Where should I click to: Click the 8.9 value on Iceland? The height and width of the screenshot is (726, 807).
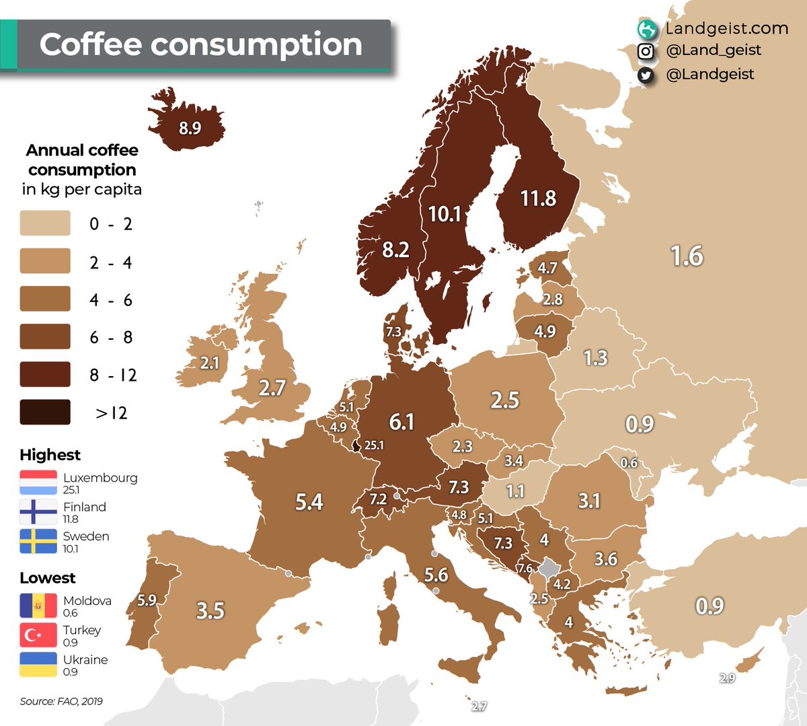(190, 128)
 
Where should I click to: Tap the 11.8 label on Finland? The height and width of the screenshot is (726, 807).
(538, 198)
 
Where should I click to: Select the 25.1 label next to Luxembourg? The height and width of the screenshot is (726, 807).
(374, 445)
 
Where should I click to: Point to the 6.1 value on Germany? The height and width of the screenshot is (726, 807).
(401, 422)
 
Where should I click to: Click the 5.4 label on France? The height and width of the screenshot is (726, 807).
(309, 502)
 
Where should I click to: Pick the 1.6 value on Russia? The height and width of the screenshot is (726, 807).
(687, 256)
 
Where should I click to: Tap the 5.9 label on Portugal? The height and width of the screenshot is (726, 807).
(147, 600)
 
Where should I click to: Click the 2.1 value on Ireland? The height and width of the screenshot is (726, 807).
(210, 363)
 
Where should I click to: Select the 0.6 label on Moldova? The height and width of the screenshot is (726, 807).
(629, 463)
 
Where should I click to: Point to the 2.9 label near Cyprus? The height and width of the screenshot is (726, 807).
(727, 678)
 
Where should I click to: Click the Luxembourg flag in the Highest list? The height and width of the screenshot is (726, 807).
(38, 482)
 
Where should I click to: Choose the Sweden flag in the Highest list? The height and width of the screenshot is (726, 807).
(38, 541)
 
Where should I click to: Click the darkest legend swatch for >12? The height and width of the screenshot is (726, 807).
(45, 412)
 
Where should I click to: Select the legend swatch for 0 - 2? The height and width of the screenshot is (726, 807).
(45, 223)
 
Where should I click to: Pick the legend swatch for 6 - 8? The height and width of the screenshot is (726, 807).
(45, 336)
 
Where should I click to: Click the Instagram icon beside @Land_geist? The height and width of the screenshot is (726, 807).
(646, 51)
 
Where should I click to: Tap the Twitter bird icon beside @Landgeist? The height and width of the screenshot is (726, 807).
(646, 75)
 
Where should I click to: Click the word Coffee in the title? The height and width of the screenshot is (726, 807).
(90, 44)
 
